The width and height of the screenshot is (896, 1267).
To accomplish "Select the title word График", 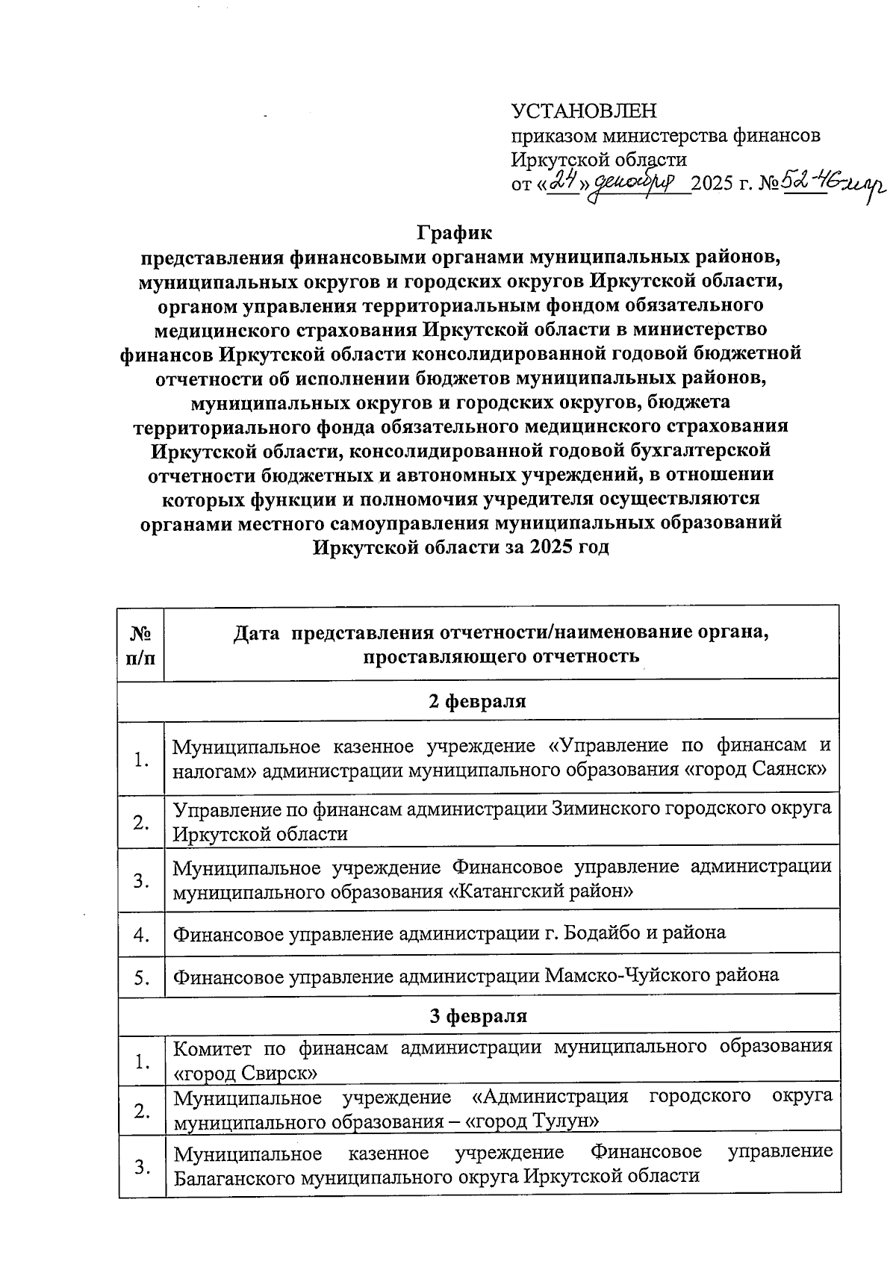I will pos(455,233).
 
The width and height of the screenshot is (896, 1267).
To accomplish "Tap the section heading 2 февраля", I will pos(477,702).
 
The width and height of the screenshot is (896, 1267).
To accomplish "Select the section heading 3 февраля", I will pos(477,1016).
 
